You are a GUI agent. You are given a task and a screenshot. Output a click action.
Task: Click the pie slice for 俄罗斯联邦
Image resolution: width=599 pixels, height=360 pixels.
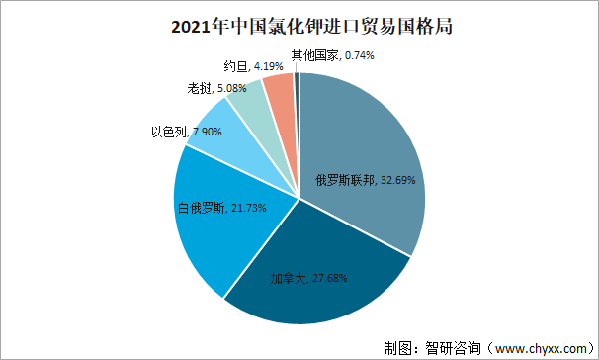[366, 148]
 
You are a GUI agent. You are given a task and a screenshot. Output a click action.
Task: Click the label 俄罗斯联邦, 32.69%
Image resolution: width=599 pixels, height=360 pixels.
[359, 181]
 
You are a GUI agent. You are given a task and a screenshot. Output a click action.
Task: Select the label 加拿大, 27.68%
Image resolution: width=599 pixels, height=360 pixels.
[308, 278]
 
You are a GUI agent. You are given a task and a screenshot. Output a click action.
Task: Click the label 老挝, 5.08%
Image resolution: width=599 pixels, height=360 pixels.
[217, 88]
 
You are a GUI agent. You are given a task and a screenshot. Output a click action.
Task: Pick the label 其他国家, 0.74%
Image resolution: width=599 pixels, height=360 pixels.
[332, 56]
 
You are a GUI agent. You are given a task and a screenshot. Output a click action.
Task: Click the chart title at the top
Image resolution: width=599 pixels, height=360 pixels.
[299, 24]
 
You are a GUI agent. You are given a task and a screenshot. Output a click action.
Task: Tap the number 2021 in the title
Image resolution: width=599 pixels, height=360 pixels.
[174, 25]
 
